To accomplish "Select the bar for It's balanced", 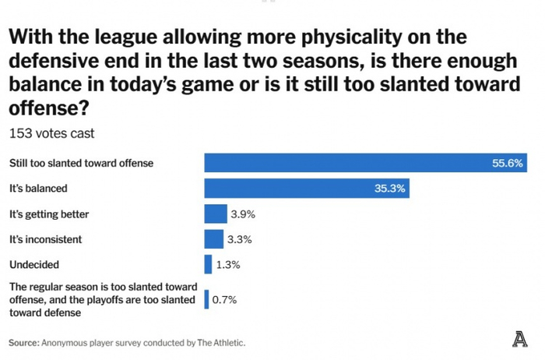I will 307,188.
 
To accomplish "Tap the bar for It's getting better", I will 215,214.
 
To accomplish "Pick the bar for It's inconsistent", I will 213,238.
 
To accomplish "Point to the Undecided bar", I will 208,264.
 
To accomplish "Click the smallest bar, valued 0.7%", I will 206,299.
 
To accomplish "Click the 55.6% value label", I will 507,163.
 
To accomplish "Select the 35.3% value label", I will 390,188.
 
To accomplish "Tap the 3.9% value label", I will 243,214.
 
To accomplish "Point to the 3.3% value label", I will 241,238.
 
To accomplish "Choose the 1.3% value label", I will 229,264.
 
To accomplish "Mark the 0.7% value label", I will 224,299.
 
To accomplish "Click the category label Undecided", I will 33,264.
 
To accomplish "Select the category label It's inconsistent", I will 45,238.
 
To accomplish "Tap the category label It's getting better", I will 50,214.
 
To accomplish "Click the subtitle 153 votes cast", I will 51,133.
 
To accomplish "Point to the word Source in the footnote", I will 24,342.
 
